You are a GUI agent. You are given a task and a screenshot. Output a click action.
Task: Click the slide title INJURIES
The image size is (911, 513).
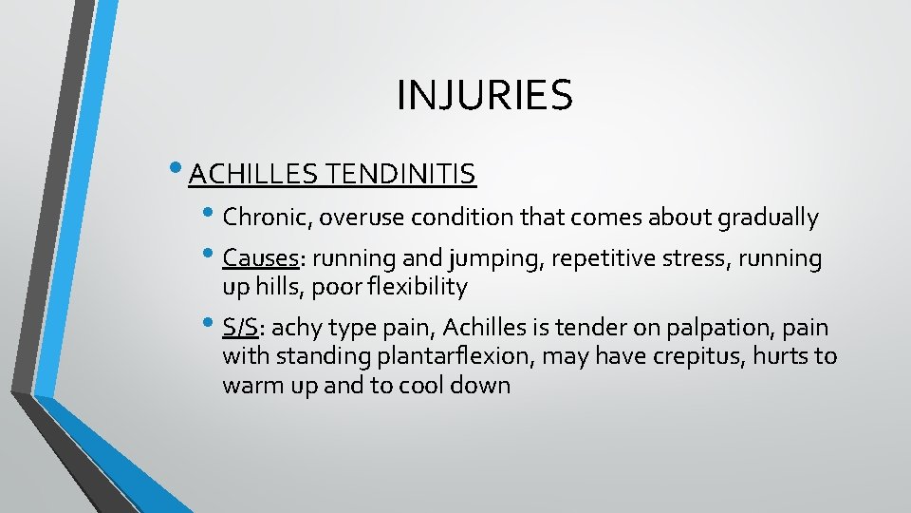pos(484,95)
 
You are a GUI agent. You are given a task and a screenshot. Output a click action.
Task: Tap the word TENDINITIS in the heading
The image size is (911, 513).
pos(400,175)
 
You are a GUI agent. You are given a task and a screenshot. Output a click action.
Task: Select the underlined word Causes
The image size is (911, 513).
pos(260,258)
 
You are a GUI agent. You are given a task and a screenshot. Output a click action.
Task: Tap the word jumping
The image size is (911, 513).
pos(468,258)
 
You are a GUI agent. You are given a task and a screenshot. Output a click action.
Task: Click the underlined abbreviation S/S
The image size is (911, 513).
pos(241,328)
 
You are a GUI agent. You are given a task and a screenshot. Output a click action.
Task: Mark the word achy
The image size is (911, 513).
pos(302,329)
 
